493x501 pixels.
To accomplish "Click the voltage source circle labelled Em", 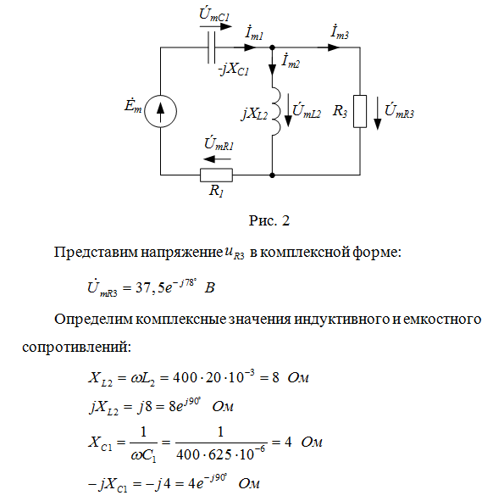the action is tap(160, 111).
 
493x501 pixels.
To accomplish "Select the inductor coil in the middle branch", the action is tap(276, 110).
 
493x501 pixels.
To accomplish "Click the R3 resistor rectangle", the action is tap(360, 111).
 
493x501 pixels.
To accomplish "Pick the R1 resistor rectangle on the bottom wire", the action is tap(216, 175).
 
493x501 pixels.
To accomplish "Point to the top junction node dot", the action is tap(272, 47).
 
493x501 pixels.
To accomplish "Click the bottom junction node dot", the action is tap(272, 175).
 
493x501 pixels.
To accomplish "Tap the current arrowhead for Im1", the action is tap(251, 47).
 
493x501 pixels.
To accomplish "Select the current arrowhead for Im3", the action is tap(334, 47).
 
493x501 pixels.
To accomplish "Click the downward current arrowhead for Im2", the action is tap(272, 70).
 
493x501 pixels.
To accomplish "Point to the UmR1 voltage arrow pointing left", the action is tap(217, 159).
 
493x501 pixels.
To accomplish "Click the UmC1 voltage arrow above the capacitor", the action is tap(215, 26).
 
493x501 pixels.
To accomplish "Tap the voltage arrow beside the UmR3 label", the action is tap(378, 114).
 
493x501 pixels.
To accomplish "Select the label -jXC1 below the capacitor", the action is tap(234, 70).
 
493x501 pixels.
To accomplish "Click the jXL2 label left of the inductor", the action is tap(254, 114).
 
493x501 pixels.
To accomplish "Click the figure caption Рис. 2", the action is tap(269, 220).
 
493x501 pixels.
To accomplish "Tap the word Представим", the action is tap(96, 253).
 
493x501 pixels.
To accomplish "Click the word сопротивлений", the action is tap(76, 347).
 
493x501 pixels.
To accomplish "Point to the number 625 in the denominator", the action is tap(219, 455).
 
